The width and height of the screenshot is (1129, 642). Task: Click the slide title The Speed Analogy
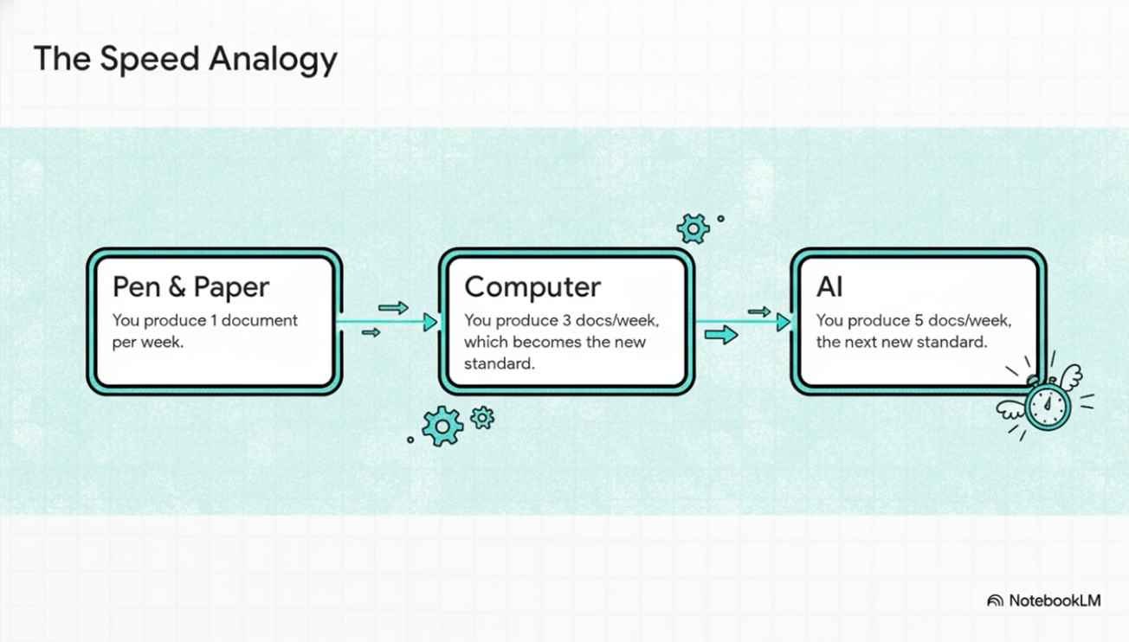click(185, 59)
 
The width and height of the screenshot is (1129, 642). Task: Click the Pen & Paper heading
click(190, 286)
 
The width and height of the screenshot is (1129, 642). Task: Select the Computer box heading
click(532, 286)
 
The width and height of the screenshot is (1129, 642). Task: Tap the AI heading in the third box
click(829, 286)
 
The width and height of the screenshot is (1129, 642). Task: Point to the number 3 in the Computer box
click(567, 320)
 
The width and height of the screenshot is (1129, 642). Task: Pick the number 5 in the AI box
click(919, 320)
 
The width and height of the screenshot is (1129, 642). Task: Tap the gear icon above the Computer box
click(693, 228)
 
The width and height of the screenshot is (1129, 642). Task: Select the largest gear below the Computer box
click(442, 426)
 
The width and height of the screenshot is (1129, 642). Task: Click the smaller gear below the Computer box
click(482, 418)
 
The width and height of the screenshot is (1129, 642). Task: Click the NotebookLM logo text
click(1054, 600)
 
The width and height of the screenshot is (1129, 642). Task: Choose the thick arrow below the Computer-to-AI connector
click(720, 334)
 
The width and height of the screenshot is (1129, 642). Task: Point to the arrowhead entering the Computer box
click(430, 322)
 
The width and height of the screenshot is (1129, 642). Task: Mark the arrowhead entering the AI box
click(784, 322)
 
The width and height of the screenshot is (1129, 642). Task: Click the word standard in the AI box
click(955, 342)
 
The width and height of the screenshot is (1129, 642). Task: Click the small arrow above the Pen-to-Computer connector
click(393, 307)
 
